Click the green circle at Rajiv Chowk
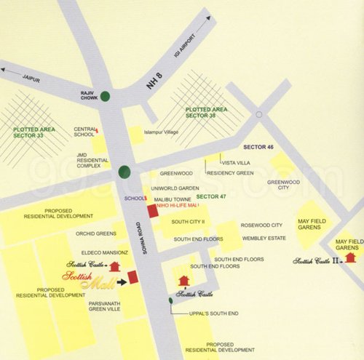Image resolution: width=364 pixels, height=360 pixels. coord(107,95)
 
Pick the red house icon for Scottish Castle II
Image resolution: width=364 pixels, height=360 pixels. coord(351,256)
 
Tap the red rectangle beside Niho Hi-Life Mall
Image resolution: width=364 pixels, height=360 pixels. coord(152,211)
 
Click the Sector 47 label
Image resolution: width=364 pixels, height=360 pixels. coord(212,197)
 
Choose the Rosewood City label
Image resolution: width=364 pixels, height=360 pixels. coord(261,225)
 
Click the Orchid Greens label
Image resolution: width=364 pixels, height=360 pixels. coord(96,233)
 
